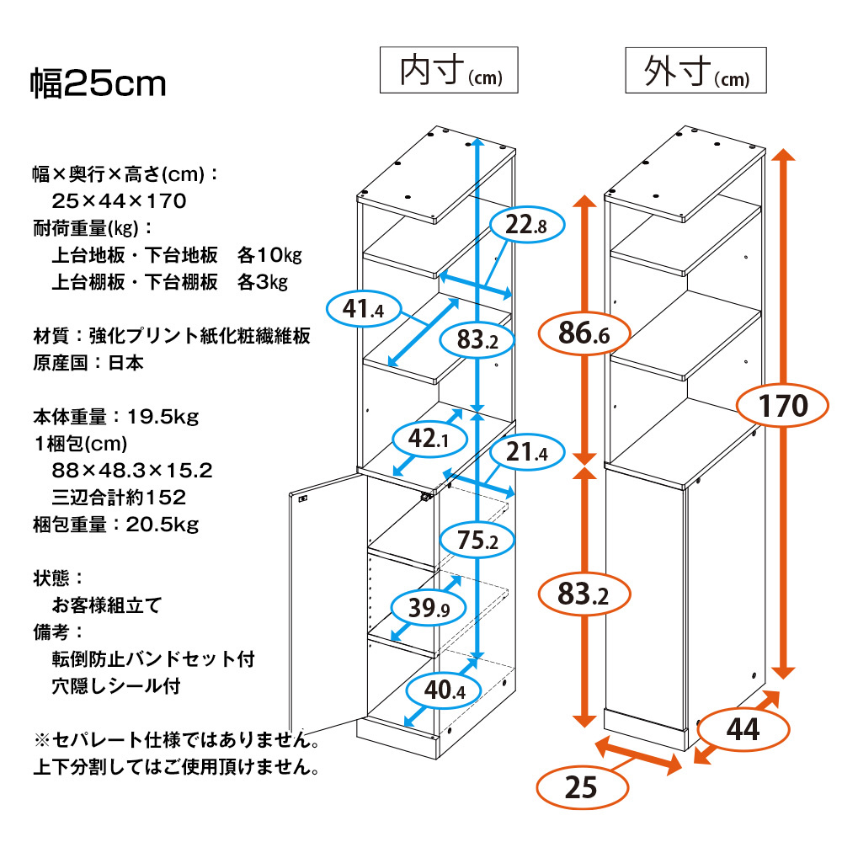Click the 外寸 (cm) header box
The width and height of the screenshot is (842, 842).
pos(695,71)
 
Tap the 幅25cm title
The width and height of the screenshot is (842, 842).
pos(99,84)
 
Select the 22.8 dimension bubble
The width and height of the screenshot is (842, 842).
pos(528,225)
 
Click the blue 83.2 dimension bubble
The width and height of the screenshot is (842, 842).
pos(477,339)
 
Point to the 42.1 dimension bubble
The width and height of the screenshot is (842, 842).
pos(427,438)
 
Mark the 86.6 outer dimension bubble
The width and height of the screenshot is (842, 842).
pos(584,335)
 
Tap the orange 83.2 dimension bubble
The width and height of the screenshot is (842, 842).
pos(584,596)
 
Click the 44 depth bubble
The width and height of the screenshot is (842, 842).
pos(743,729)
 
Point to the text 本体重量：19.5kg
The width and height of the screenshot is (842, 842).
pos(115,417)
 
